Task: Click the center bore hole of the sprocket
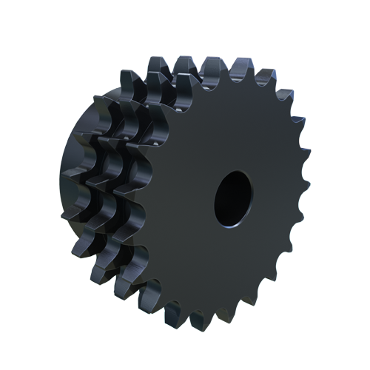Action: click(235, 198)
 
